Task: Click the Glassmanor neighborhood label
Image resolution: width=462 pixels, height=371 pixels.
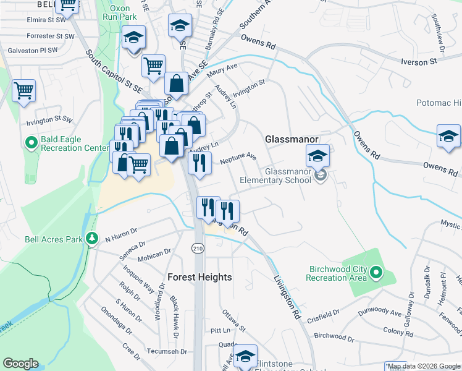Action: [x=291, y=140]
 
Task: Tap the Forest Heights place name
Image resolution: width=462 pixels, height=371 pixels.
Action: [x=199, y=278]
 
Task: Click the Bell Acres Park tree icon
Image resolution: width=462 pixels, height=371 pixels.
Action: [x=92, y=238]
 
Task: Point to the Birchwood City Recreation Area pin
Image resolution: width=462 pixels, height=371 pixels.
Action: [x=376, y=273]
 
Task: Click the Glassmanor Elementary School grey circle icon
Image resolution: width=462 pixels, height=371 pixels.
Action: [x=320, y=176]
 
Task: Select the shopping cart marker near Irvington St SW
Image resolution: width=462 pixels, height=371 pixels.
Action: [x=23, y=90]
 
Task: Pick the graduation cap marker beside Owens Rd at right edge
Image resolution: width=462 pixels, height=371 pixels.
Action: [x=448, y=137]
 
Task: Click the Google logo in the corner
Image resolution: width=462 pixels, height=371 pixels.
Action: [x=20, y=364]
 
